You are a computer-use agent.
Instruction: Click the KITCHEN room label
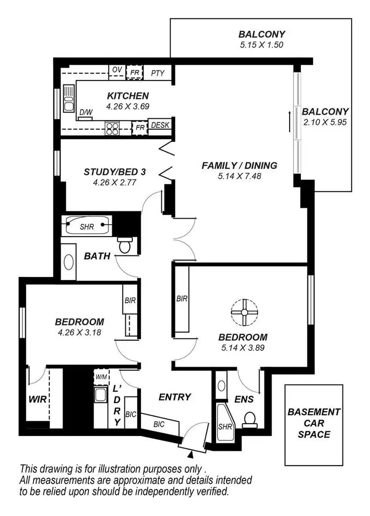click(x=127, y=96)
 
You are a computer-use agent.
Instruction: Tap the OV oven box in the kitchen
click(x=117, y=70)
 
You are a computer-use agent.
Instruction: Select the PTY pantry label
click(x=157, y=73)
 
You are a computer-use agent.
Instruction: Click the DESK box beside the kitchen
click(x=159, y=126)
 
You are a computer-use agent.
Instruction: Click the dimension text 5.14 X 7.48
click(x=239, y=176)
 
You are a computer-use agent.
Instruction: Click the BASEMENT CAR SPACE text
click(x=314, y=423)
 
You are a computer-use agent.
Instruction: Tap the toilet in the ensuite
click(x=251, y=419)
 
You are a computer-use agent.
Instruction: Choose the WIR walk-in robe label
click(x=37, y=399)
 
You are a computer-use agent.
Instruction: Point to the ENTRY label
click(x=174, y=397)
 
